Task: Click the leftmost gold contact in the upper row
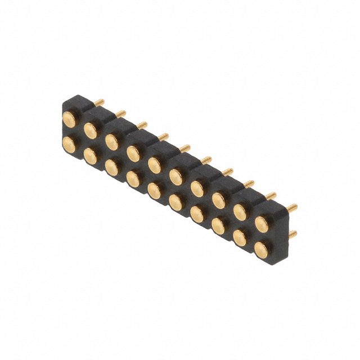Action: [69, 118]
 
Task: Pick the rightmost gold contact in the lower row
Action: [262, 247]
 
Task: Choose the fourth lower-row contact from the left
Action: [133, 178]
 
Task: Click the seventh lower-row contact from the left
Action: [197, 213]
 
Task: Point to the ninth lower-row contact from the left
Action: [240, 236]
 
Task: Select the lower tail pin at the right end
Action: [292, 233]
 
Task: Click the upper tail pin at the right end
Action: [291, 208]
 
